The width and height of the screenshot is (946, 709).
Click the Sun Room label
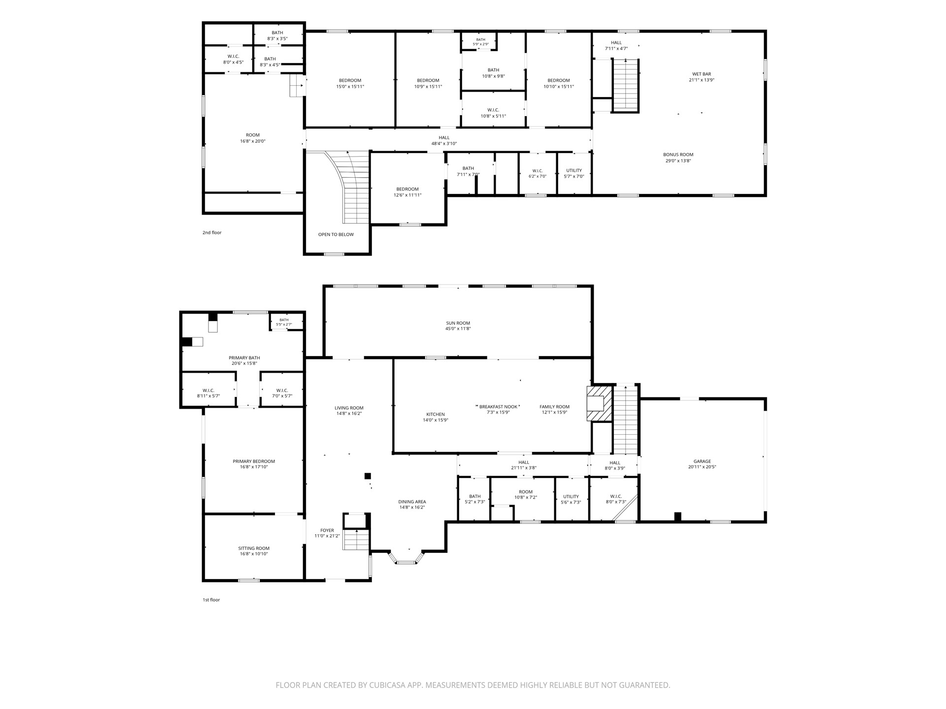(x=458, y=323)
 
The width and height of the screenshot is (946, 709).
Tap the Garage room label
(x=702, y=461)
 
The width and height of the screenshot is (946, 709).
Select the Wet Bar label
(x=702, y=74)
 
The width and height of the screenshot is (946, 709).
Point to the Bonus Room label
(x=678, y=155)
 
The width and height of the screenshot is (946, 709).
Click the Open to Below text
(x=336, y=234)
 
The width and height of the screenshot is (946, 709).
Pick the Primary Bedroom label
(x=254, y=461)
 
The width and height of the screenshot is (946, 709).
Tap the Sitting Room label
(x=254, y=548)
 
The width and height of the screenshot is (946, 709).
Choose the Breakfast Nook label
(x=498, y=407)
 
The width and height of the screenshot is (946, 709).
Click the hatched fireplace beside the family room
(x=599, y=403)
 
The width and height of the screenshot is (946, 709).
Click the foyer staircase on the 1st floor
(x=356, y=540)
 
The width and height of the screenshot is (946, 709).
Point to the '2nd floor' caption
(x=212, y=232)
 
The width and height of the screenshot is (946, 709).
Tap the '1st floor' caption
(x=211, y=600)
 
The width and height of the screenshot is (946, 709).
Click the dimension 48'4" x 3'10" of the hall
(x=444, y=144)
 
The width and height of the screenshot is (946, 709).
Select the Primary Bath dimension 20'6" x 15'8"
(x=244, y=363)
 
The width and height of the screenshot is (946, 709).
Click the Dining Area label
(x=412, y=502)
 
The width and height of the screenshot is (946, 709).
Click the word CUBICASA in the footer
(x=385, y=685)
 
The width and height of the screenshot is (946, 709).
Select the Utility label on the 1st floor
(x=571, y=496)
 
